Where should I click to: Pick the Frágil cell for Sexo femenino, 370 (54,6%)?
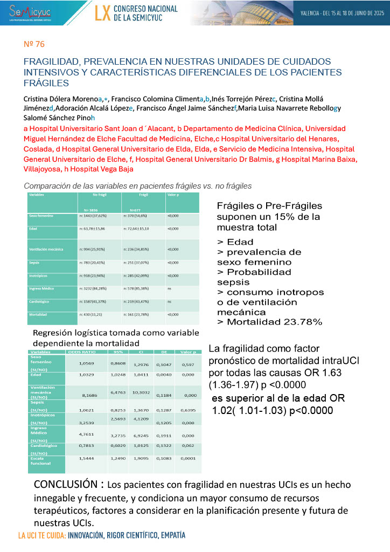point(137,216)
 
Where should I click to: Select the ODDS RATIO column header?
point(81,352)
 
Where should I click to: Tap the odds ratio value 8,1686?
point(80,395)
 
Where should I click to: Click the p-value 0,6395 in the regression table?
point(189,410)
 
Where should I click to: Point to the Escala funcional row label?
point(41,460)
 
